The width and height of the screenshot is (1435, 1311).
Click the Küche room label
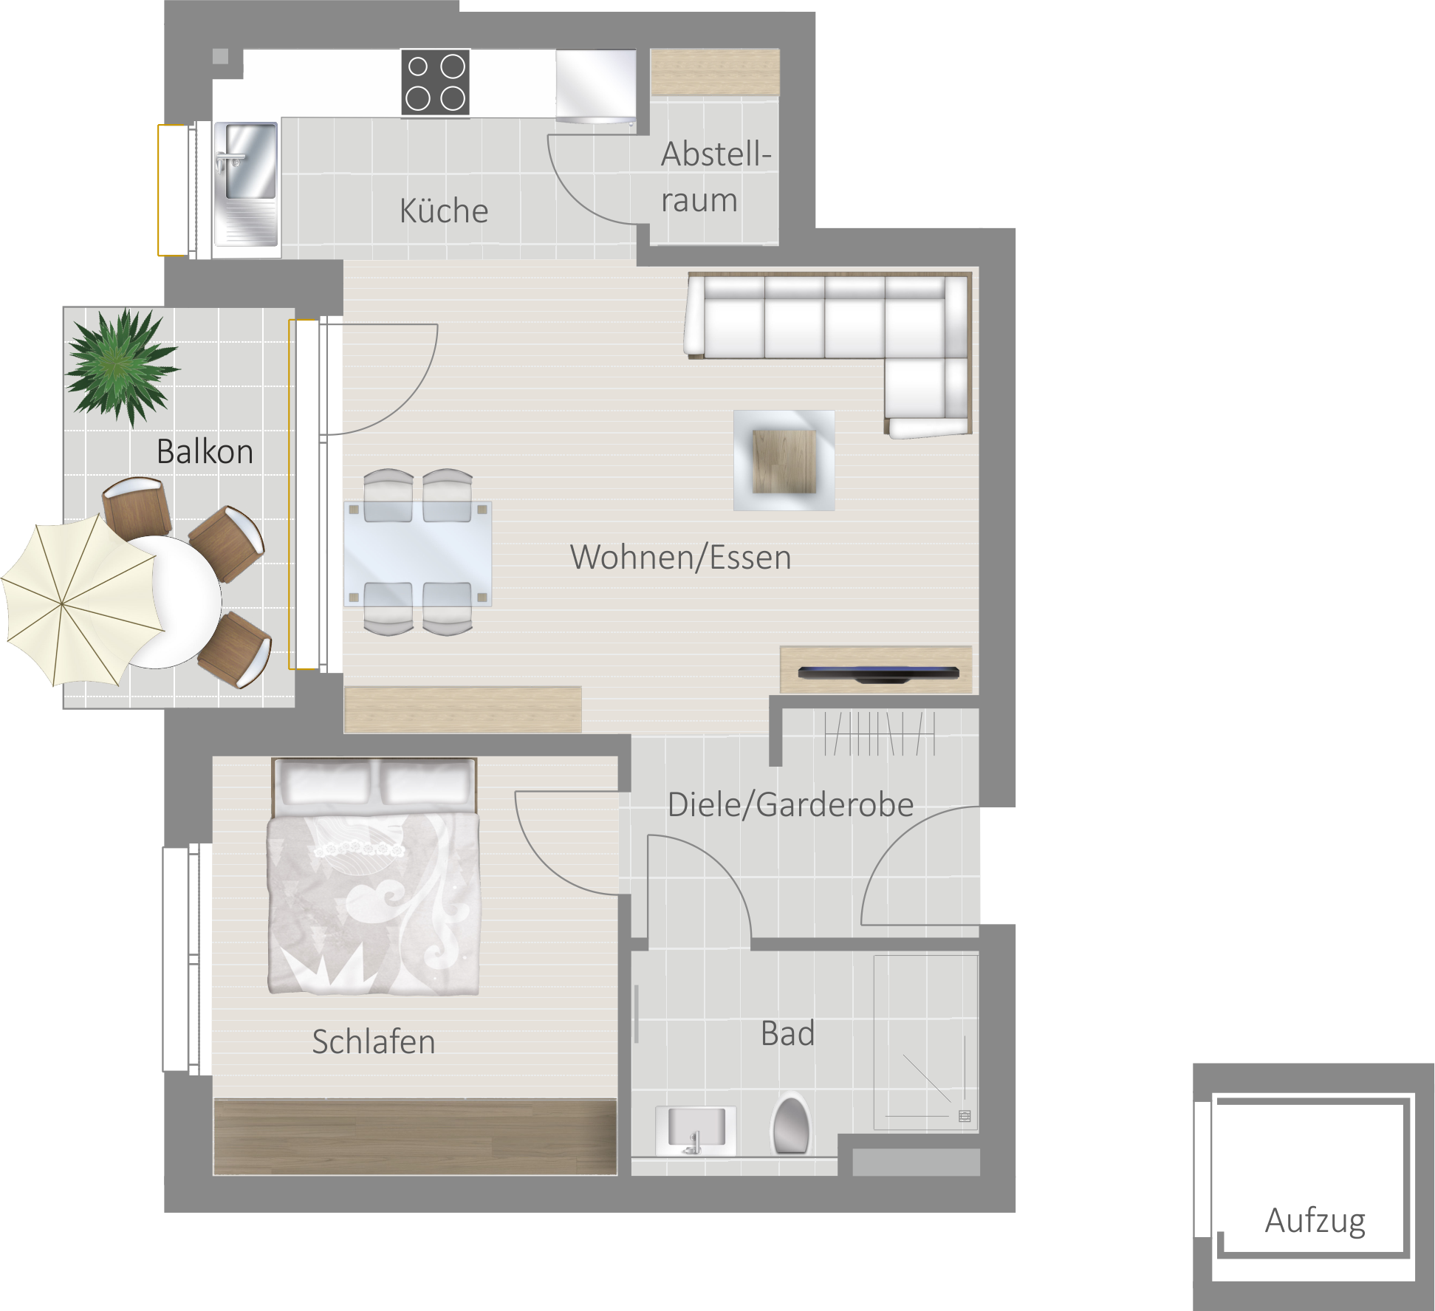click(444, 211)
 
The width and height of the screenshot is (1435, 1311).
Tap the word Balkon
click(205, 451)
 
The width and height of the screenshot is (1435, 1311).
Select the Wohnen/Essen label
click(680, 557)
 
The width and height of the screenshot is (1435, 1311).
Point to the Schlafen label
click(374, 1042)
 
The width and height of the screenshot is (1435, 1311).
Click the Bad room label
click(787, 1033)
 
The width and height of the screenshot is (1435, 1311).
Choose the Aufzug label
click(1315, 1222)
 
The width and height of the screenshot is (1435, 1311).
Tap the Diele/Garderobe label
click(790, 804)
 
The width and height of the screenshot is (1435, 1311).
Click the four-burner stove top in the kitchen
click(436, 82)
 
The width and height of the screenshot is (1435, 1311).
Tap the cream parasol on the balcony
click(82, 600)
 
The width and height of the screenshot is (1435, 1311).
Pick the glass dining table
click(418, 553)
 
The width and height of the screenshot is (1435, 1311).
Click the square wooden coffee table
click(784, 461)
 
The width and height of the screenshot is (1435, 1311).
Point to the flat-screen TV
click(878, 674)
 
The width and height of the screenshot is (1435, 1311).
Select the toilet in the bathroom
click(791, 1124)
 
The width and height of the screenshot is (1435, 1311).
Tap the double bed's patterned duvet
click(374, 903)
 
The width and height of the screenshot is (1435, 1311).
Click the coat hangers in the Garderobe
click(880, 733)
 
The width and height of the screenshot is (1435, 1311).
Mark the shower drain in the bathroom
click(965, 1116)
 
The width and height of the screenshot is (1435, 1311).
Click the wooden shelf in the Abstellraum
click(715, 72)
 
